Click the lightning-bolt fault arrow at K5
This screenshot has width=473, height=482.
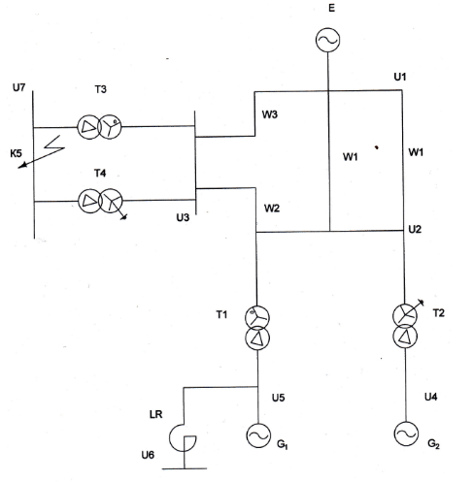point(42,151)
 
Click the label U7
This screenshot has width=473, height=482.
point(18,87)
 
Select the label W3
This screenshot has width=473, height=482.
point(270,114)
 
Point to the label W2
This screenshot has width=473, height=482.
point(272,209)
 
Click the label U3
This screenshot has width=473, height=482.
point(183,217)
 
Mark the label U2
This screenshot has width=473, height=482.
point(415,229)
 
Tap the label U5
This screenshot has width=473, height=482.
point(278,398)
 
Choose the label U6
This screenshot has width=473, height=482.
point(148,455)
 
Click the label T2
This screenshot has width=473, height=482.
point(439,313)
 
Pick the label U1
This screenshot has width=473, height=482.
point(400,77)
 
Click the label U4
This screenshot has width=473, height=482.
point(430,397)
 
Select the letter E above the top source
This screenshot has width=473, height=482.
point(331,8)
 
